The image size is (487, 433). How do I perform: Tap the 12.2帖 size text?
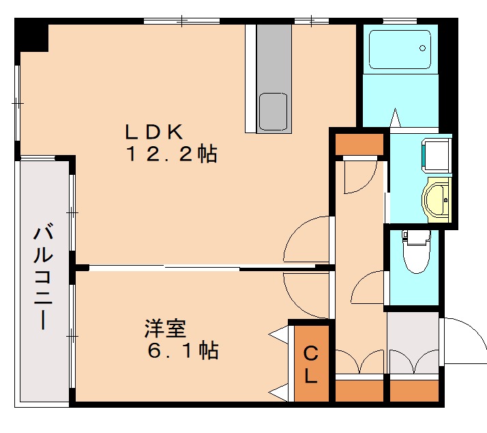tap(171, 154)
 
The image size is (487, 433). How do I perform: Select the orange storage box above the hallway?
tap(359, 144)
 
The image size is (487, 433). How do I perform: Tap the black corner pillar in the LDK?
tap(33, 38)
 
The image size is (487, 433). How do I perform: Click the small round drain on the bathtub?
tap(423, 48)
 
